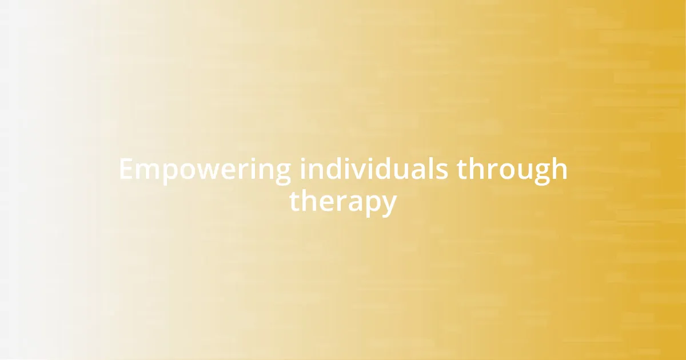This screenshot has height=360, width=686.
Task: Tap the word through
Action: point(512,171)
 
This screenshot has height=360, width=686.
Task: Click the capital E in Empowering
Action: point(126,170)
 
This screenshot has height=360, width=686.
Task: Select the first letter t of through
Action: point(462,170)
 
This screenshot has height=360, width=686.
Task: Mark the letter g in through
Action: point(541,174)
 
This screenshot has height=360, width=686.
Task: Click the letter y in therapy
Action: point(388,205)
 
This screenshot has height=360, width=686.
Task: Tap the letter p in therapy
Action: point(370,205)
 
